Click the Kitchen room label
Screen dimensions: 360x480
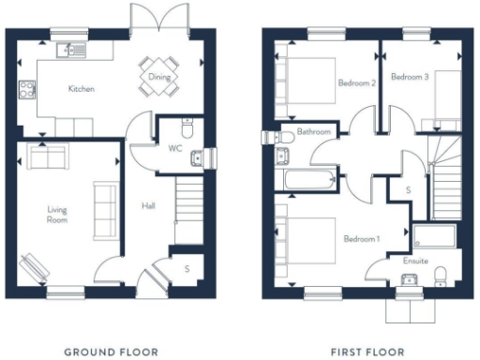pos(81,90)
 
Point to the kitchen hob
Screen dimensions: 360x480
pos(25,91)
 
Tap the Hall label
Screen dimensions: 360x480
pos(148,205)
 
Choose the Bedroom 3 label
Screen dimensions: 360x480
pos(410,76)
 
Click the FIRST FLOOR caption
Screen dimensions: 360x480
pos(367,352)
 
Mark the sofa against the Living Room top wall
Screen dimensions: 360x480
pos(45,157)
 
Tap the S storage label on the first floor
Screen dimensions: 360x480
pos(408,190)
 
